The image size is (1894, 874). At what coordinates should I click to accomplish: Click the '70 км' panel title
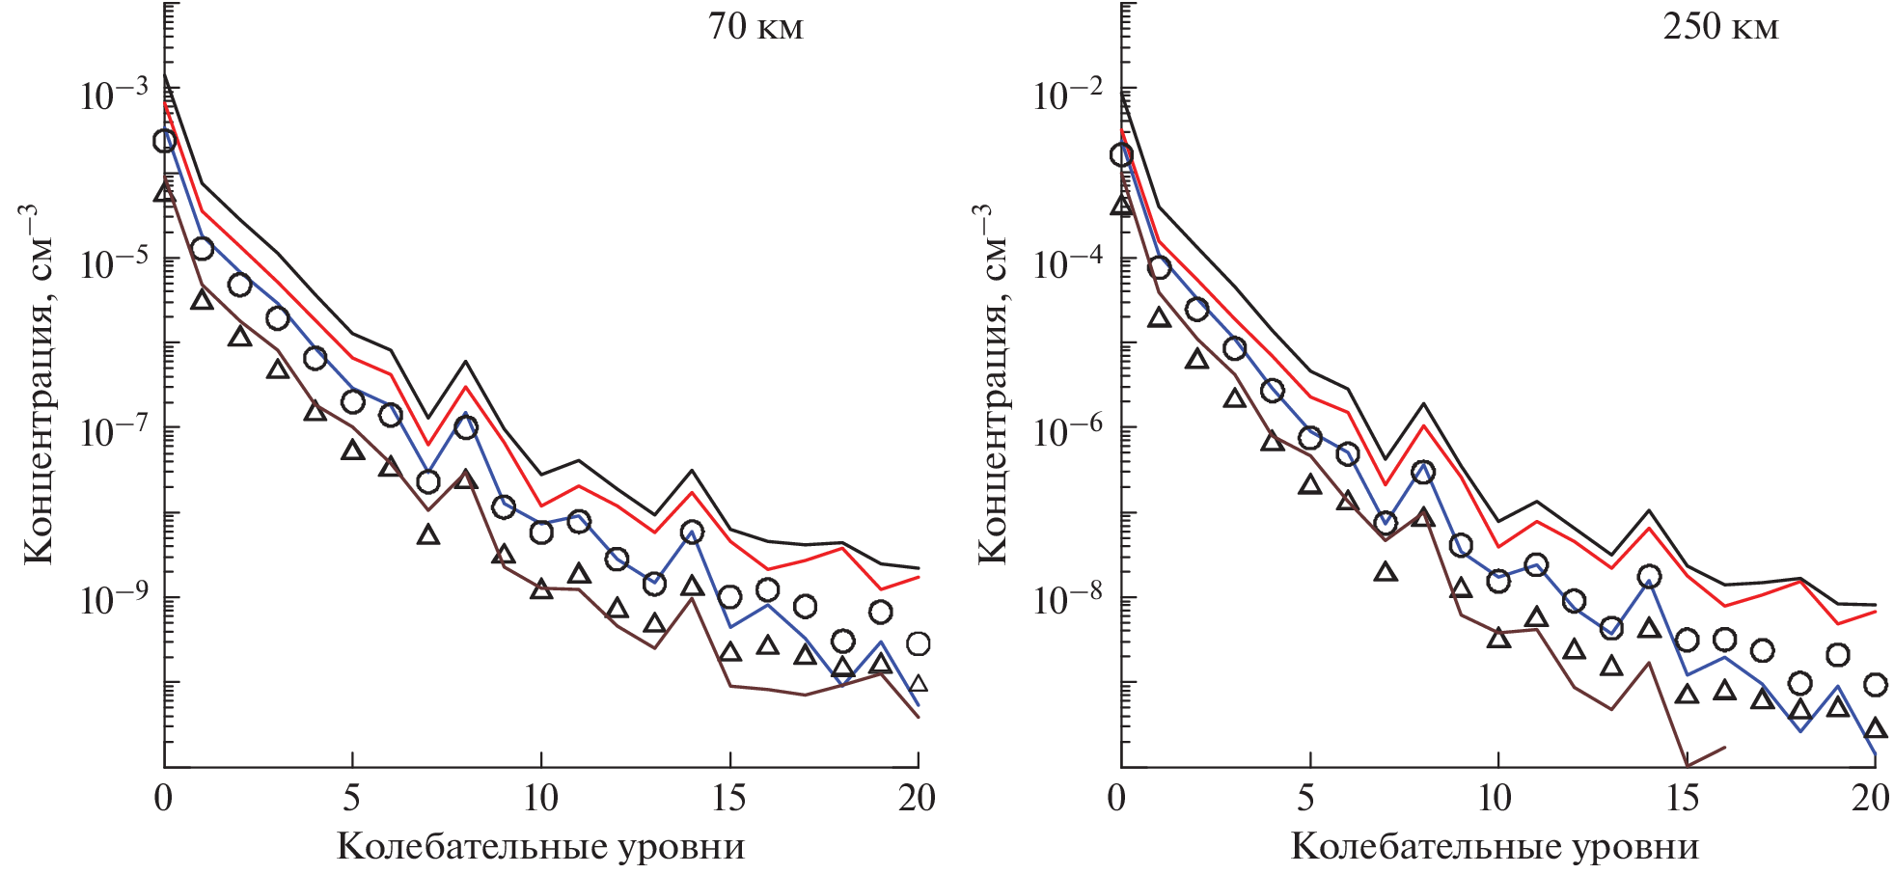[x=755, y=26]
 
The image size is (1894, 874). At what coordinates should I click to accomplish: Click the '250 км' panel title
[x=1719, y=26]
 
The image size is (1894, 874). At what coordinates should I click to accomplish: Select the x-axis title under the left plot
[x=540, y=846]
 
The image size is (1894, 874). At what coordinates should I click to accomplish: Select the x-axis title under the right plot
[x=1494, y=846]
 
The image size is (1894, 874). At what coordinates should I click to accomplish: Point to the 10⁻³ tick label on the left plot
[x=114, y=94]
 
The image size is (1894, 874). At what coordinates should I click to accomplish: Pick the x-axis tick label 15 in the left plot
[x=728, y=798]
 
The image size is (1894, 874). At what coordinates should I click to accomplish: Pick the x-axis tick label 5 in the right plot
[x=1305, y=798]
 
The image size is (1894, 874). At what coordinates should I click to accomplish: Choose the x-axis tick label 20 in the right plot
[x=1870, y=798]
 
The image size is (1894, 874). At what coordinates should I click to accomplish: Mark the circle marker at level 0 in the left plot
[x=165, y=141]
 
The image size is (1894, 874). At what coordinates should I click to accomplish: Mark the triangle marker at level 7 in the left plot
[x=428, y=534]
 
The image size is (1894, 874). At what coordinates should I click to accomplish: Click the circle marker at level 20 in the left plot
[x=918, y=643]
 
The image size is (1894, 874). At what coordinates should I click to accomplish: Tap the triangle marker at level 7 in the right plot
[x=1386, y=572]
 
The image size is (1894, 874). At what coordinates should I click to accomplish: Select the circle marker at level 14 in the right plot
[x=1649, y=577]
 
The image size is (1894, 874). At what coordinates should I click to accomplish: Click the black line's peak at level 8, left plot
[x=466, y=362]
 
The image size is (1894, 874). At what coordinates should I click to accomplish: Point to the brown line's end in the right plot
[x=1724, y=747]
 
